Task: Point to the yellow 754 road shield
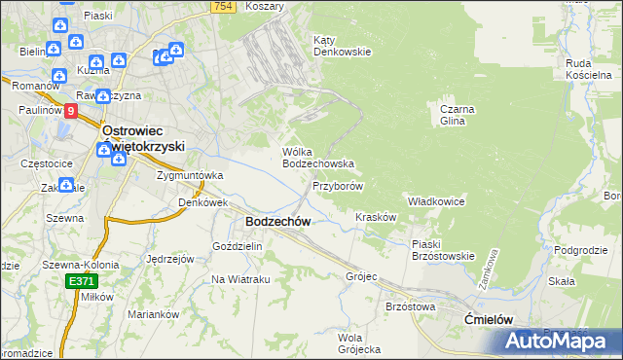[223, 7]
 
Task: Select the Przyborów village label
[338, 185]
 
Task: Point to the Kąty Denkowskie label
[342, 46]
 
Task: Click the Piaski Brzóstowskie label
[442, 250]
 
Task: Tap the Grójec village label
[361, 275]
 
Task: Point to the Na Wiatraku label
[240, 279]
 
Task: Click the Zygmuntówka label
[191, 175]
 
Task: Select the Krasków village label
[376, 217]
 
